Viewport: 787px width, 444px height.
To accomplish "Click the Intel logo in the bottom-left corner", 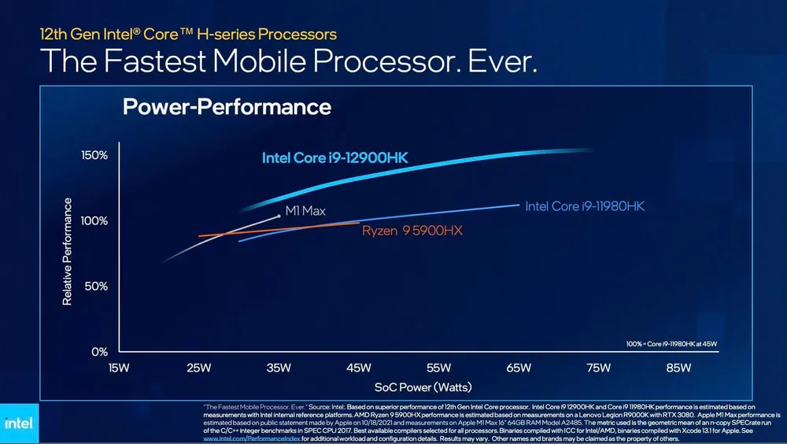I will coord(18,423).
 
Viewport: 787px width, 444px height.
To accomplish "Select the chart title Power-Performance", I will coord(227,106).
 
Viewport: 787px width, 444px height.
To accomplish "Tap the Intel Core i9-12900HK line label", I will coord(334,158).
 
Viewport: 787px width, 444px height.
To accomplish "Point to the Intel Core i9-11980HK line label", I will coord(585,206).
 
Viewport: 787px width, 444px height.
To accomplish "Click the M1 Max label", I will coord(305,211).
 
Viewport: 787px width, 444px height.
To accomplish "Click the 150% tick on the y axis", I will coord(94,155).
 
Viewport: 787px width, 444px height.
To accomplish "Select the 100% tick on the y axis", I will coord(94,221).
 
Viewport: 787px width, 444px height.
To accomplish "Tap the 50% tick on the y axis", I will coord(95,287).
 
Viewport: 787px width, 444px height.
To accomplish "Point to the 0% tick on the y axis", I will coord(98,351).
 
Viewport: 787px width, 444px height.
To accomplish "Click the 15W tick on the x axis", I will coord(119,368).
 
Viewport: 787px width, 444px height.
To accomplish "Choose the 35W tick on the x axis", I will coord(279,368).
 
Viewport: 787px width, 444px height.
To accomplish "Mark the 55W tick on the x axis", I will coord(438,368).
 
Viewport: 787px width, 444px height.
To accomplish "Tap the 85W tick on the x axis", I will coord(678,368).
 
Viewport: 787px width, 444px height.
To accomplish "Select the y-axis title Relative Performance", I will coord(68,252).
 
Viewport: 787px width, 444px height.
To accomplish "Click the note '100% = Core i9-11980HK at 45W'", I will coord(672,344).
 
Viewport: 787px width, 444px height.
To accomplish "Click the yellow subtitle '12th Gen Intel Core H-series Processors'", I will coord(188,34).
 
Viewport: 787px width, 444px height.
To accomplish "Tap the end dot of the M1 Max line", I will coord(279,215).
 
